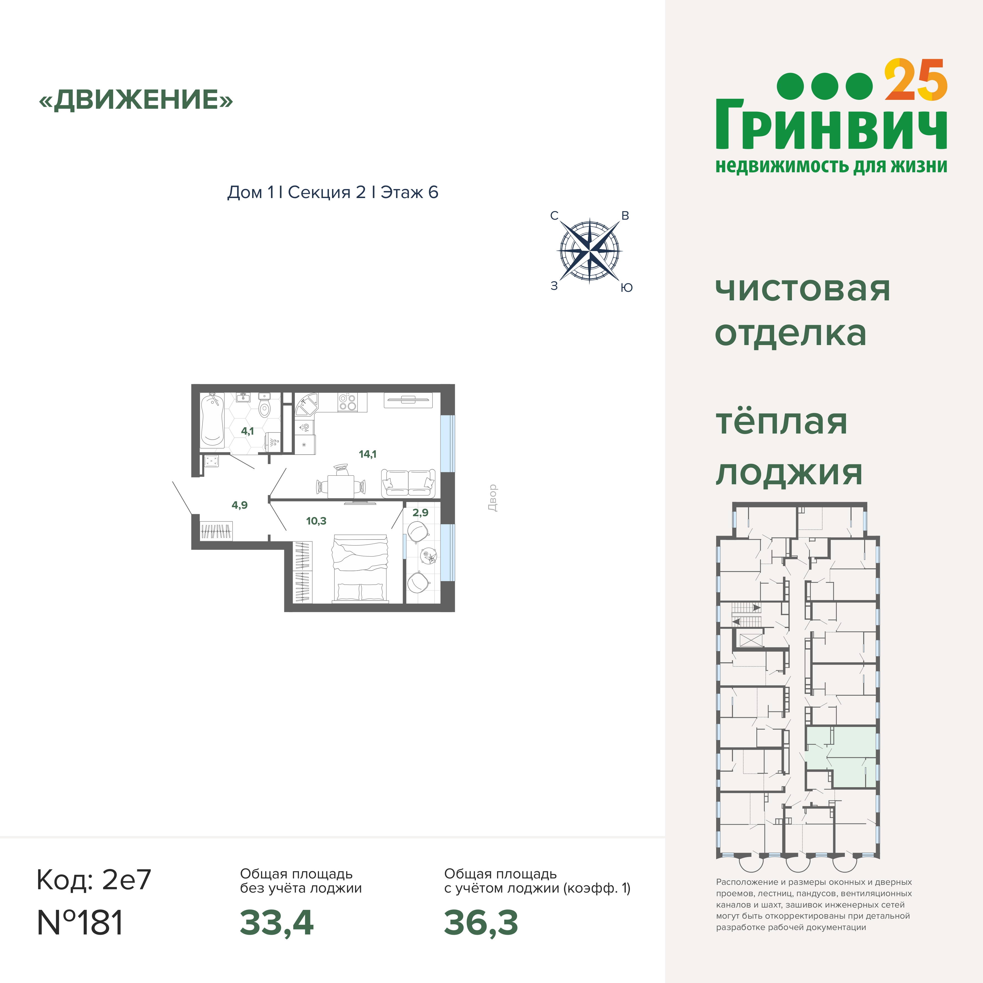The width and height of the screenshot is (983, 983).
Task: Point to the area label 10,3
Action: tap(316, 521)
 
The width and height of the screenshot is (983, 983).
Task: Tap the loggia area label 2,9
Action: tap(420, 512)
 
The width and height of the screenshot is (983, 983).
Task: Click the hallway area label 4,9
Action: tap(240, 505)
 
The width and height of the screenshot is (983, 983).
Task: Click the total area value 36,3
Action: tap(481, 923)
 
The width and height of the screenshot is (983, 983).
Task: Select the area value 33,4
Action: tap(277, 923)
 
